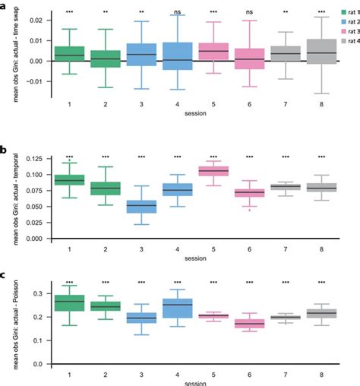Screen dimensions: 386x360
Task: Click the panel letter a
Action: pos(5,5)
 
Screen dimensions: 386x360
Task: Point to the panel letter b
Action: pos(5,152)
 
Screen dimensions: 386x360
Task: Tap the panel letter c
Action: pos(5,274)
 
